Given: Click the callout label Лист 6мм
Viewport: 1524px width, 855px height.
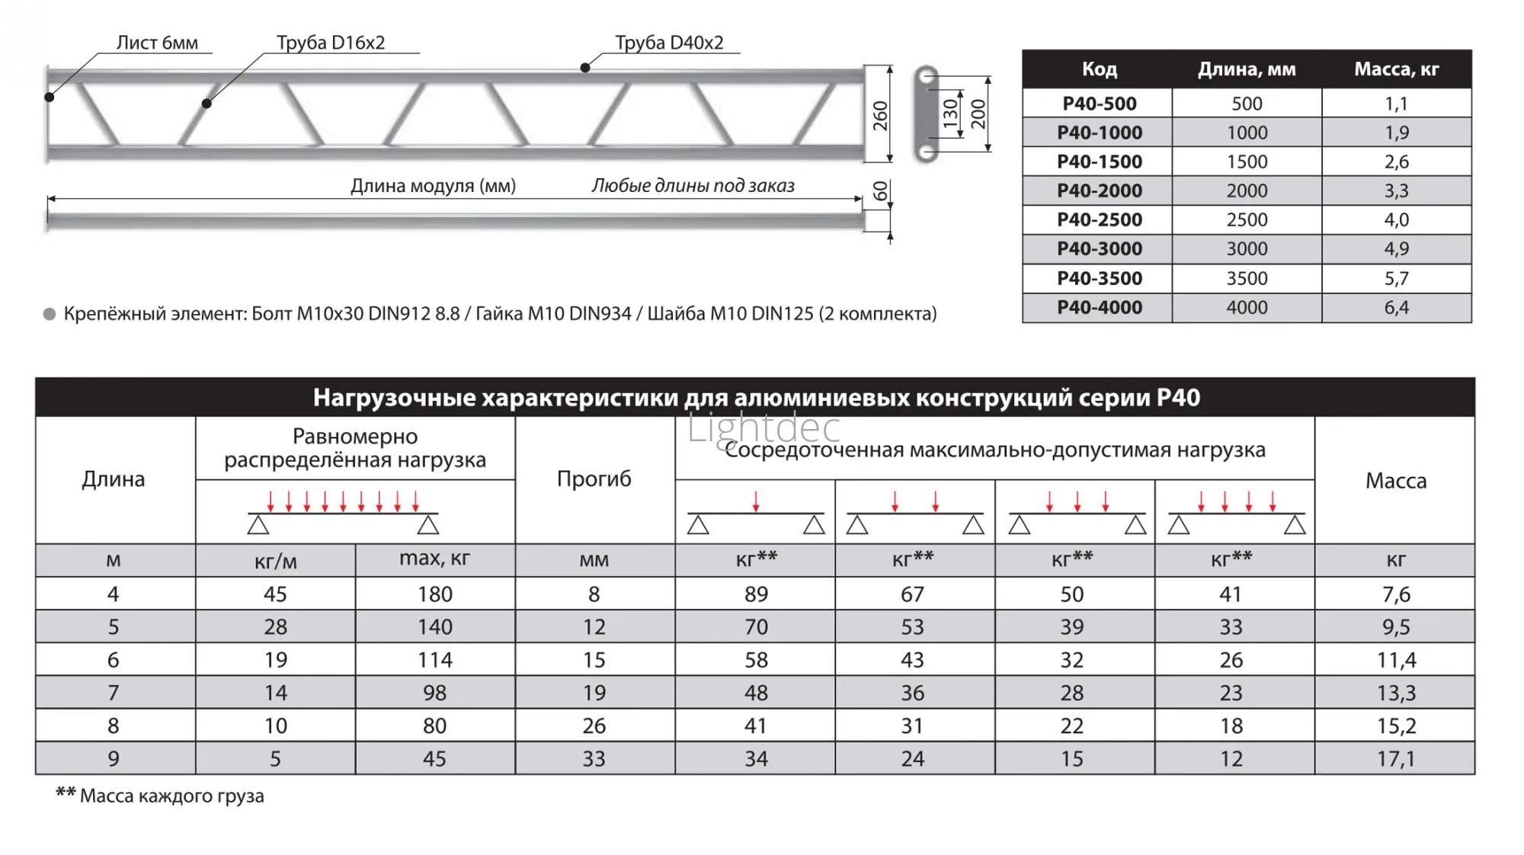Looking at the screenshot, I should tap(157, 43).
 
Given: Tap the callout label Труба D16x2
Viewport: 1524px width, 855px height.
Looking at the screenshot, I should tap(331, 43).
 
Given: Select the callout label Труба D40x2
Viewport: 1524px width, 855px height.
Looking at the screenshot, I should tap(669, 43).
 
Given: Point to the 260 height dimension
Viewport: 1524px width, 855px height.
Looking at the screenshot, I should tap(881, 116).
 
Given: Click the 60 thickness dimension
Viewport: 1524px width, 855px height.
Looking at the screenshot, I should tap(881, 191).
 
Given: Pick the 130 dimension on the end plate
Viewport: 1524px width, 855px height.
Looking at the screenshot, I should tap(950, 114).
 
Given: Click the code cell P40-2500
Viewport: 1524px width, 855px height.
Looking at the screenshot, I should tap(1099, 219).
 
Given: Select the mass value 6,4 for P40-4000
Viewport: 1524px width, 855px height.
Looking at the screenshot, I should tap(1396, 307).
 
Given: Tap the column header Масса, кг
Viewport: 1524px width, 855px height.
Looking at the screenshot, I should tap(1396, 69).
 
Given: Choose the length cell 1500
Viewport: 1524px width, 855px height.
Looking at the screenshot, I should tap(1247, 162).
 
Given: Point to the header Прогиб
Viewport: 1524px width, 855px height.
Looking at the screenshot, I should tap(594, 479).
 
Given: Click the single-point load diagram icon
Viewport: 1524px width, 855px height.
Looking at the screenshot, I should tap(755, 514).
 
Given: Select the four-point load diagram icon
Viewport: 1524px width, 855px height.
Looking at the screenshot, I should tap(1235, 514).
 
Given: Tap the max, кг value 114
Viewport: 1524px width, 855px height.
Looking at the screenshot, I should tap(434, 660).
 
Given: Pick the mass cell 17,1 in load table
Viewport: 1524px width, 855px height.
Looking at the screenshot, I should tap(1395, 759).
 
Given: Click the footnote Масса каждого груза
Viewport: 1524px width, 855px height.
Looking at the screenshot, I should tap(171, 796).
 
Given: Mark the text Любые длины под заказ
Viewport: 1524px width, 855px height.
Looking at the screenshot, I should tap(693, 185).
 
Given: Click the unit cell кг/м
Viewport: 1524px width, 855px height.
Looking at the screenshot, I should tap(275, 562).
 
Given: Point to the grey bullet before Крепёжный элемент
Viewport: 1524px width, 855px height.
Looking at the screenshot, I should tap(50, 314).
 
